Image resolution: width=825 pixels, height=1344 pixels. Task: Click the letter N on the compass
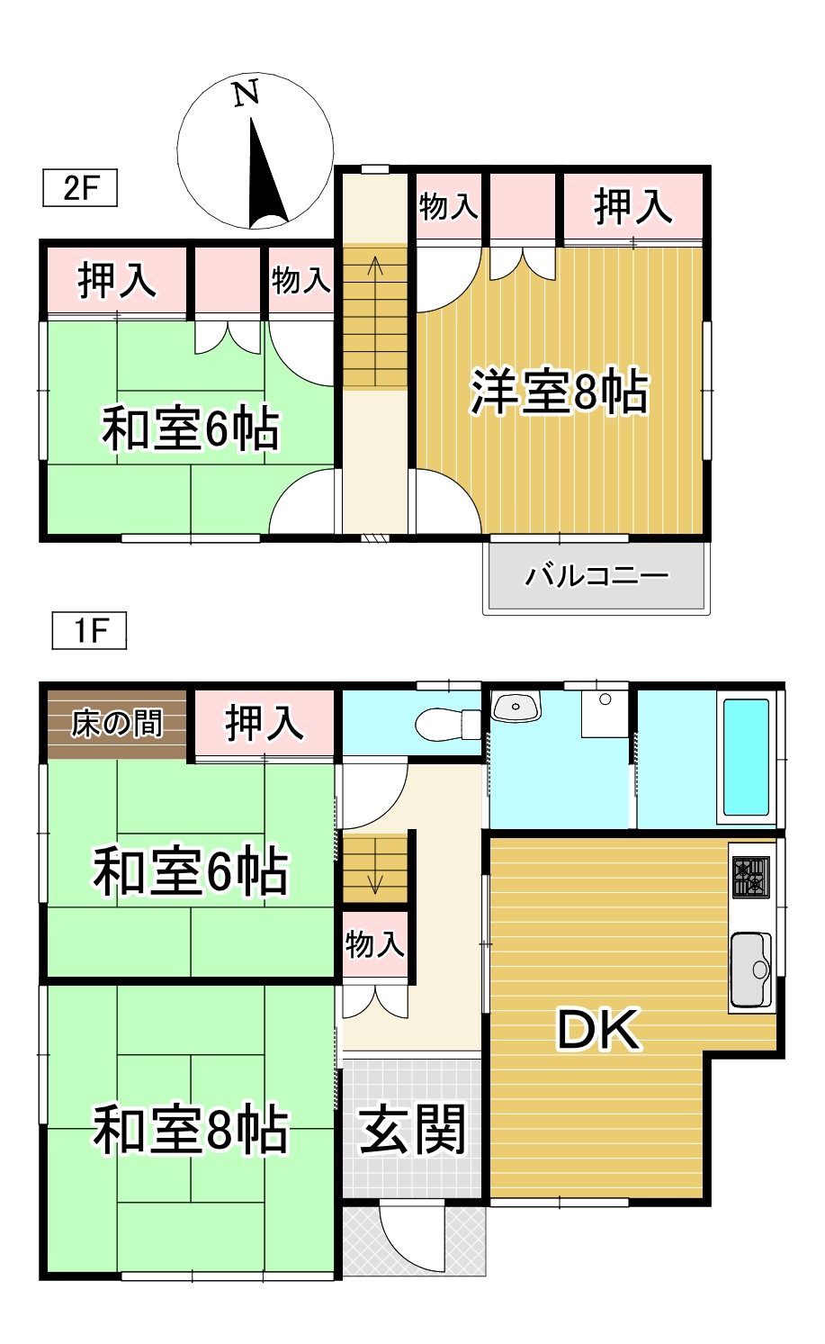coord(246,94)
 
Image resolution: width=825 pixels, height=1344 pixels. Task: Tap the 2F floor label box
coord(80,188)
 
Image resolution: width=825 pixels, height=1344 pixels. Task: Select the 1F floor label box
coord(89,630)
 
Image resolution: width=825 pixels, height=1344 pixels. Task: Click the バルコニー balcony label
coord(597,574)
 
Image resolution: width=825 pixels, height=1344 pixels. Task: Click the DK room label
coord(598,1030)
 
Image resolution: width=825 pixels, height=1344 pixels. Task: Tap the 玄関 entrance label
coord(413,1130)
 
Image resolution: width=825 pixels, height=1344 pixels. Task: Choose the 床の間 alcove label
coord(117,723)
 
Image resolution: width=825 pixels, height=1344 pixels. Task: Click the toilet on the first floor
coord(445,723)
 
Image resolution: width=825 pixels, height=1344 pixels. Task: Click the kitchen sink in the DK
coord(751,970)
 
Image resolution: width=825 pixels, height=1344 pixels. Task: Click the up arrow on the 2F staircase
coord(375,267)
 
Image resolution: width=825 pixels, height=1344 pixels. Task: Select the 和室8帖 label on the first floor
coord(191,1131)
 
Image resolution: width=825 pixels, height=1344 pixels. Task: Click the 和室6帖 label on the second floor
coord(191,428)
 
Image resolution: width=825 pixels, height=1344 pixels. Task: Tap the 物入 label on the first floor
coord(375,944)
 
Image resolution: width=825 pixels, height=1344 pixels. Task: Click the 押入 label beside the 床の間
coord(265,723)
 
